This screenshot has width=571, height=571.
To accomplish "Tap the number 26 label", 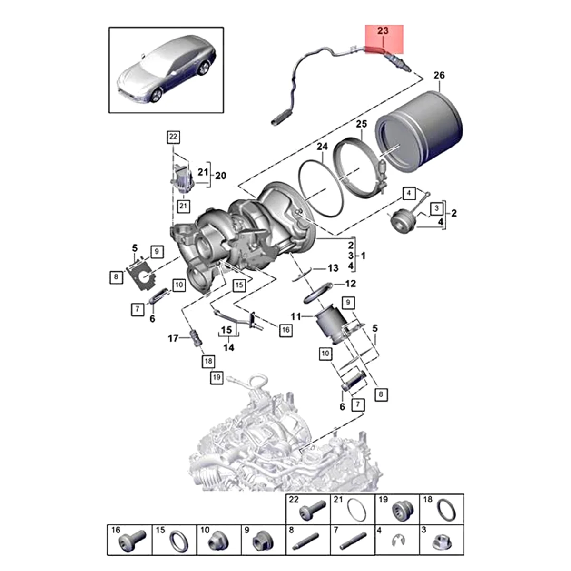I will tap(439, 76).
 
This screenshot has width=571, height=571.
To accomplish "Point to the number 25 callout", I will tap(362, 125).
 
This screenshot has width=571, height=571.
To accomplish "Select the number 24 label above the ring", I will tap(322, 147).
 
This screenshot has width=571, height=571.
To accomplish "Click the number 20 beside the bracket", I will tap(220, 176).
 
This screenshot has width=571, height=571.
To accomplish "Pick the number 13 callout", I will tap(333, 268).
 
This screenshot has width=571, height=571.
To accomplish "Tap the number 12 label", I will tap(350, 284).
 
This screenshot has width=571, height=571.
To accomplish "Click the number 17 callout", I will tap(173, 338).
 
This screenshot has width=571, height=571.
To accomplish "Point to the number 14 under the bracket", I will tap(228, 348).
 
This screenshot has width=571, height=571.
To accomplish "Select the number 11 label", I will tap(296, 316).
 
